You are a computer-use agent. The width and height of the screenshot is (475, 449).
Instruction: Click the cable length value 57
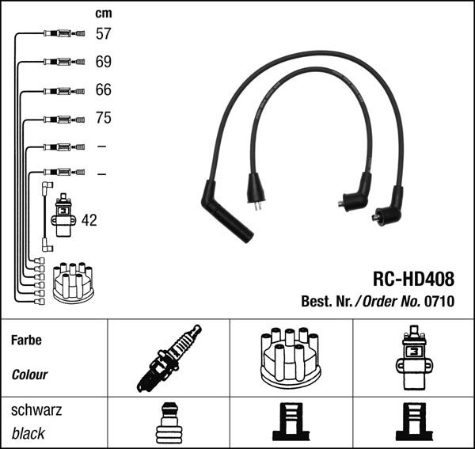click(x=103, y=34)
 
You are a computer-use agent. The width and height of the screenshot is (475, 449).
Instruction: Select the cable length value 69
click(x=103, y=62)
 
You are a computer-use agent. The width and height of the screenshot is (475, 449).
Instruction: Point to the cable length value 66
click(x=103, y=90)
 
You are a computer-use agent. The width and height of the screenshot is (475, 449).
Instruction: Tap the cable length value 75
click(x=103, y=119)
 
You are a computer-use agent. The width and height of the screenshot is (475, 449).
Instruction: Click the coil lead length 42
click(x=89, y=220)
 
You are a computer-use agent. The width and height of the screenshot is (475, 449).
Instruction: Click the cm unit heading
click(x=103, y=13)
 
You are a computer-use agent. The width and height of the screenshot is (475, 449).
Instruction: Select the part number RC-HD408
click(x=413, y=280)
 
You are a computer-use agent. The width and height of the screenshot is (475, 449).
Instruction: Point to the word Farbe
click(x=25, y=341)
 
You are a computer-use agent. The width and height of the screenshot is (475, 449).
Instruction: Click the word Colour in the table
click(x=29, y=375)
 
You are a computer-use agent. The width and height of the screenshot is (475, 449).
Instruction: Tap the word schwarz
click(x=36, y=411)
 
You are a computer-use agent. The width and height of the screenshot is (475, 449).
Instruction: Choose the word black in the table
click(x=28, y=434)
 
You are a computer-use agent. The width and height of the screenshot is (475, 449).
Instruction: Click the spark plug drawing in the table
click(x=169, y=358)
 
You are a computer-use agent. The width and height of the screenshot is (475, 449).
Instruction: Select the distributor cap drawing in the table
click(x=291, y=357)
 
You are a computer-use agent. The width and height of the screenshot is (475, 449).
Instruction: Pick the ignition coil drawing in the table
click(x=412, y=357)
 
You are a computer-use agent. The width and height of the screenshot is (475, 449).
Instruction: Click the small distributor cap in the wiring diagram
click(x=73, y=282)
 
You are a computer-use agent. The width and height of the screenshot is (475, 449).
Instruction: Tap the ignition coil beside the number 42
click(x=63, y=219)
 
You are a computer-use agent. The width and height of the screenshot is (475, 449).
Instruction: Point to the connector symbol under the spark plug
click(x=169, y=423)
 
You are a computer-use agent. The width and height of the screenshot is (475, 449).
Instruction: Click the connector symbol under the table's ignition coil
click(x=412, y=423)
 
